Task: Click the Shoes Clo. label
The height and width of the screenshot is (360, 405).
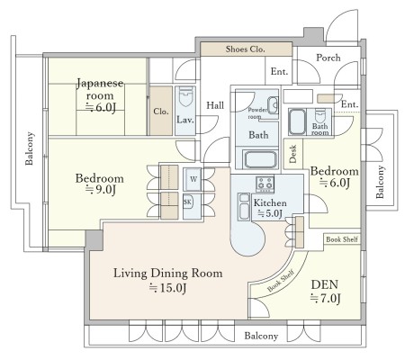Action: click(x=246, y=49)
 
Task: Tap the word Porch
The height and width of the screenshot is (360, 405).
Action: click(x=328, y=58)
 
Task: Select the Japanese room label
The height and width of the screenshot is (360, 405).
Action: click(x=100, y=89)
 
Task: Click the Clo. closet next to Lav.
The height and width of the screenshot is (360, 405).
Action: click(x=161, y=111)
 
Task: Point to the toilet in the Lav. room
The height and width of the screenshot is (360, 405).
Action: click(x=185, y=96)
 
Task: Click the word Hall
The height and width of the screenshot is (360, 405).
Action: click(x=215, y=105)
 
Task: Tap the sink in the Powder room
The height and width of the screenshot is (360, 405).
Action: click(x=273, y=105)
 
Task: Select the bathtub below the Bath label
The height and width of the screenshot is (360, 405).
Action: click(x=260, y=159)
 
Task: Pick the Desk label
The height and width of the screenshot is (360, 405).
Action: click(x=293, y=154)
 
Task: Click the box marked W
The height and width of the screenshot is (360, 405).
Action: click(x=193, y=179)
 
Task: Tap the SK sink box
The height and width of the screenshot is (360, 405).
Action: click(x=188, y=202)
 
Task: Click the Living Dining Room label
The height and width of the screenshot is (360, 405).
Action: click(x=168, y=274)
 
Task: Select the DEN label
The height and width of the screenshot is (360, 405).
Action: click(x=325, y=284)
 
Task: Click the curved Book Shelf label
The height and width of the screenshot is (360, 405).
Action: click(x=281, y=281)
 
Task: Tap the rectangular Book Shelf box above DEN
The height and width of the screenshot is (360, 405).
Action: click(x=342, y=239)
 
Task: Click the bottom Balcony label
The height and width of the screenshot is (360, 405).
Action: click(x=261, y=336)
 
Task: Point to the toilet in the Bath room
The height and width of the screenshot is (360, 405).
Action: click(x=320, y=115)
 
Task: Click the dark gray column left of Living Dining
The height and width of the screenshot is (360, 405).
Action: click(x=94, y=240)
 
